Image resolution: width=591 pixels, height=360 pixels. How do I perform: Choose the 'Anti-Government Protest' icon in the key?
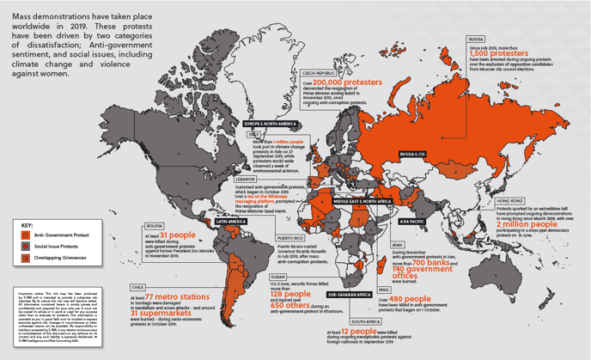click(x=27, y=231)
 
